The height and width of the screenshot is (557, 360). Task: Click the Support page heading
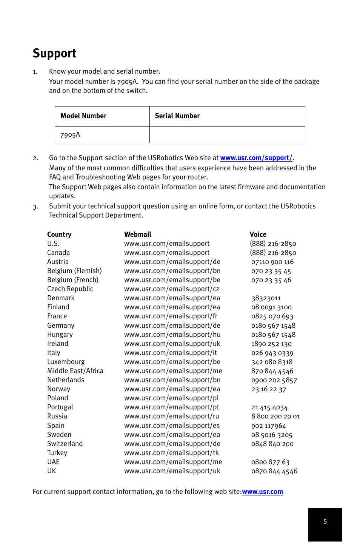click(x=54, y=53)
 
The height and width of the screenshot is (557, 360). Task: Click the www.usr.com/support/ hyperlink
click(x=256, y=158)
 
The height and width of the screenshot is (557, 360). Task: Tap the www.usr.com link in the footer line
click(x=262, y=492)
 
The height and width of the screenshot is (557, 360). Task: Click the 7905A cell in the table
click(x=70, y=135)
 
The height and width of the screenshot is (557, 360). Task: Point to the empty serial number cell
click(x=227, y=135)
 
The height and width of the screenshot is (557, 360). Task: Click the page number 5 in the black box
click(x=325, y=522)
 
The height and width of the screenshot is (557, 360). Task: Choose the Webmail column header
click(x=138, y=235)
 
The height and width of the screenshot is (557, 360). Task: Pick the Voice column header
click(x=258, y=235)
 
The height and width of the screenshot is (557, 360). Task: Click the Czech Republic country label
click(x=70, y=289)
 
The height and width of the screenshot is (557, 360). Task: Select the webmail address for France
click(x=171, y=316)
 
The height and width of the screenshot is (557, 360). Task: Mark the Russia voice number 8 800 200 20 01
click(x=275, y=416)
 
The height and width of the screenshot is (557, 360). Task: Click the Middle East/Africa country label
click(x=75, y=371)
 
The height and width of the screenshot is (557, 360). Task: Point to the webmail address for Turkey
click(x=171, y=453)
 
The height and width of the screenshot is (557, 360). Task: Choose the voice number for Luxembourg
click(x=272, y=362)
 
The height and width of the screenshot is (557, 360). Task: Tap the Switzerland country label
click(x=65, y=444)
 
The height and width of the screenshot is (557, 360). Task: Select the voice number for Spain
click(x=269, y=426)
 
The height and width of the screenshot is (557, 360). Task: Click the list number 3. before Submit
click(x=35, y=207)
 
